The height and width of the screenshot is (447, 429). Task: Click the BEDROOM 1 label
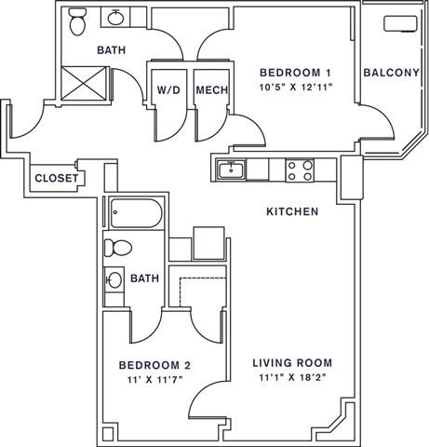(296, 73)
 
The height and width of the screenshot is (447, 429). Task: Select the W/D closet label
(168, 91)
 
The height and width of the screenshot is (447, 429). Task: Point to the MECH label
(212, 91)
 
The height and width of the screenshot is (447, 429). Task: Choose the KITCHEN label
(293, 212)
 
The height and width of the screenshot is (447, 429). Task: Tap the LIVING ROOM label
(293, 362)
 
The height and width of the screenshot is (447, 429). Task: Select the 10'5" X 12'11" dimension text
(296, 88)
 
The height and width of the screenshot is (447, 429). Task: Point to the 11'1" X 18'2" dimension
(293, 377)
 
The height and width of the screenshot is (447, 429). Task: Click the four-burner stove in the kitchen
(299, 169)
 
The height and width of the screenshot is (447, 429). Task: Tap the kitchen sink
(229, 169)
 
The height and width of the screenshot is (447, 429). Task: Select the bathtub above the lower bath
(136, 214)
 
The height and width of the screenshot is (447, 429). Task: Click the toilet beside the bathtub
(116, 248)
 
